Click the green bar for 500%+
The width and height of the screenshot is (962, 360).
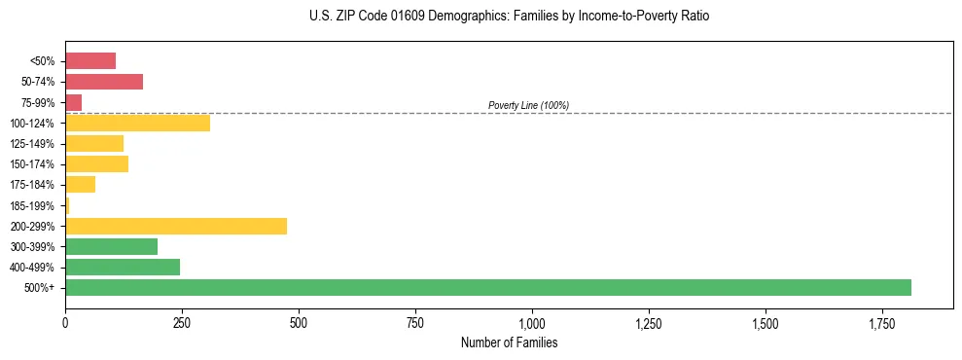click(487, 288)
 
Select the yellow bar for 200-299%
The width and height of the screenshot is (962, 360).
click(176, 226)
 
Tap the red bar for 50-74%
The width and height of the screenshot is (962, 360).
click(104, 82)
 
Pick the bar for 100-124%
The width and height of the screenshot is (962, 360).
click(137, 123)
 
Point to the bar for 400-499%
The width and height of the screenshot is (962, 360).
click(123, 267)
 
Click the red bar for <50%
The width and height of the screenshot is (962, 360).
click(90, 61)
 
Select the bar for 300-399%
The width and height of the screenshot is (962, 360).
click(111, 246)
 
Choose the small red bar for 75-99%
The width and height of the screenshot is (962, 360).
click(74, 102)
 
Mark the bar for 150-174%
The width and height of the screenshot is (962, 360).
click(96, 163)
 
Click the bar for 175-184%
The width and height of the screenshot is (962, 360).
click(80, 184)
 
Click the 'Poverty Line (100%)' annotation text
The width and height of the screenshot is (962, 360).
click(528, 105)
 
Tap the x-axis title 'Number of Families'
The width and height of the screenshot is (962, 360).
click(509, 342)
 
